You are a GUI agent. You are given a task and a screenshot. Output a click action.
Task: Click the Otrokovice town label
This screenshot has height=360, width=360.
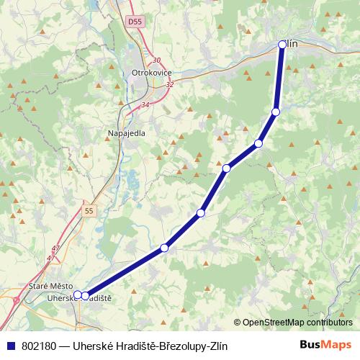[150, 73]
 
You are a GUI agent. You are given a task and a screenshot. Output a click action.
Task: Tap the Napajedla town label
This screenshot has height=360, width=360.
[126, 134]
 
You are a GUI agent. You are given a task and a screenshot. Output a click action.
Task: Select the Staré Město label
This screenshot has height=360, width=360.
[47, 287]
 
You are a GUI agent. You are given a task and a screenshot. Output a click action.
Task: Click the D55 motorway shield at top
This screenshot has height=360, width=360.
[133, 23]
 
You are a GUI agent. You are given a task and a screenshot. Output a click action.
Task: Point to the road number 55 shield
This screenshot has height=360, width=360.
[89, 211]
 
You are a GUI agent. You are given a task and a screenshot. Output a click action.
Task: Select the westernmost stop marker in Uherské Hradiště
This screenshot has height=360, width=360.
[78, 294]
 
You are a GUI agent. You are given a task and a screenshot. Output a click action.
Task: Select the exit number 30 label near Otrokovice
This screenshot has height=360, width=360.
[157, 60]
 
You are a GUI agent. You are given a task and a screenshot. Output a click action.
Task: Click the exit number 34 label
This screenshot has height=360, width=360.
[145, 104]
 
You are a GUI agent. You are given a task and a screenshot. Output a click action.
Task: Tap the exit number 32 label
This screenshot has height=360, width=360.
[170, 84]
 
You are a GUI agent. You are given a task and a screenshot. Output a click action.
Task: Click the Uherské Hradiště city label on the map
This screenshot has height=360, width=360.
[79, 297]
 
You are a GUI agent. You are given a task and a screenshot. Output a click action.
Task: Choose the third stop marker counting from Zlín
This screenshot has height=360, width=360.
[258, 143]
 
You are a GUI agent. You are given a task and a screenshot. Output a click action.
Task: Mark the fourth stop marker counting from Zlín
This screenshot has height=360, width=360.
[227, 168]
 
